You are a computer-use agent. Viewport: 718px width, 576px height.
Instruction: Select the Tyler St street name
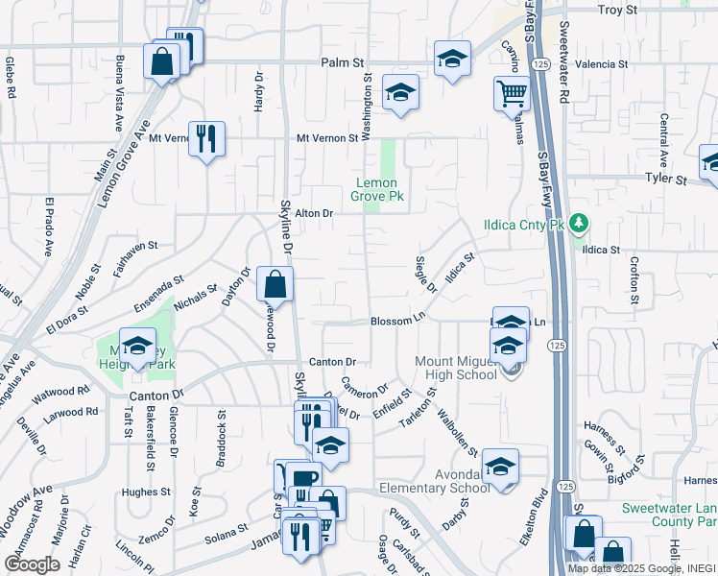pyautogui.click(x=666, y=180)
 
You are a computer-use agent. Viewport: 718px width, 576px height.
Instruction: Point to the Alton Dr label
pyautogui.click(x=313, y=213)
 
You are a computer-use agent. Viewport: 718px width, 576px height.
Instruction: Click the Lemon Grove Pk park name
pyautogui.click(x=380, y=189)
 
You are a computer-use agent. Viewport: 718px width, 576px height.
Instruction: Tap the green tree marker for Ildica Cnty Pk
pyautogui.click(x=578, y=225)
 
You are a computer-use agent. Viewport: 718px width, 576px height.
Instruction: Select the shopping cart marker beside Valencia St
pyautogui.click(x=512, y=94)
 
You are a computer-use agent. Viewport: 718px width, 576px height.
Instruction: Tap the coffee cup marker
pyautogui.click(x=303, y=478)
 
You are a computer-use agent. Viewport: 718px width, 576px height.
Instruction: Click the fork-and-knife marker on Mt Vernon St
pyautogui.click(x=206, y=139)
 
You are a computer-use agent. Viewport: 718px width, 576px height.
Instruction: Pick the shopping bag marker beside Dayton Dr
pyautogui.click(x=275, y=285)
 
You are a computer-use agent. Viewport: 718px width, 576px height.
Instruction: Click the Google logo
pyautogui.click(x=32, y=564)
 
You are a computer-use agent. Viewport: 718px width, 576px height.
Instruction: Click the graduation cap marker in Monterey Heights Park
pyautogui.click(x=137, y=347)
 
